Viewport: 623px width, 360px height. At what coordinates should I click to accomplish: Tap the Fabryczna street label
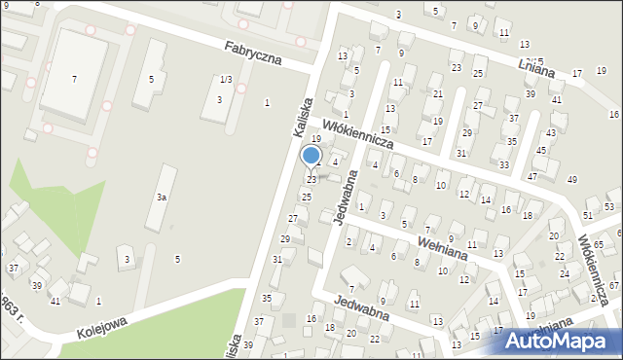tap(252, 52)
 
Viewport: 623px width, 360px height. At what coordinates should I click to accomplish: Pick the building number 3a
tap(163, 197)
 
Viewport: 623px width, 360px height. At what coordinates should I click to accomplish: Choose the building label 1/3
tap(226, 79)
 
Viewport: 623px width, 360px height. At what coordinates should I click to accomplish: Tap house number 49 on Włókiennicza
tap(571, 180)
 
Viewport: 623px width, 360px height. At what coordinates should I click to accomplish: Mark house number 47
tap(532, 176)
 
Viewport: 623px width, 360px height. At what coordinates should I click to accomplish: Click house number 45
tap(541, 151)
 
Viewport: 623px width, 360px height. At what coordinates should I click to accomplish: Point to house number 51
tap(587, 215)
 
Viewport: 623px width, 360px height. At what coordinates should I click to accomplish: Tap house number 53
tap(609, 206)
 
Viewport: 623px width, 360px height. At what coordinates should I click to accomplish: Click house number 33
tap(503, 165)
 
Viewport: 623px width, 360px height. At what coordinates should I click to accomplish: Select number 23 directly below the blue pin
tap(311, 179)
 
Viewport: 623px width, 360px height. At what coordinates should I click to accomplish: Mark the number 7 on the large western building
tap(74, 79)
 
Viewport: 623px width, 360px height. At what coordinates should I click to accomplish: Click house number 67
tap(614, 284)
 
